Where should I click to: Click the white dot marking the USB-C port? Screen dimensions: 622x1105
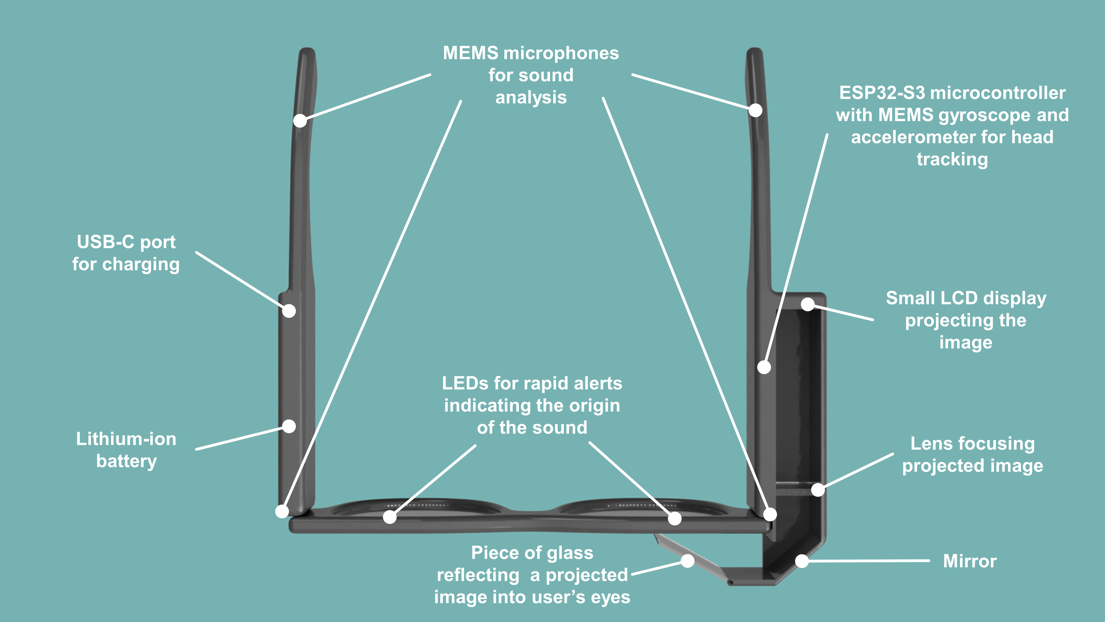click(x=289, y=310)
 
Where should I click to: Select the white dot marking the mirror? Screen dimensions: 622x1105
click(x=802, y=561)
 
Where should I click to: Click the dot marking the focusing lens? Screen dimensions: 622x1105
click(x=818, y=489)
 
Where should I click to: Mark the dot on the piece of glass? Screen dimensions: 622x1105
click(x=688, y=561)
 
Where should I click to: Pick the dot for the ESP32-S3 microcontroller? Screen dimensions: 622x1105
click(x=764, y=367)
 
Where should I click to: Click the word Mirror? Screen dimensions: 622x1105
click(x=969, y=561)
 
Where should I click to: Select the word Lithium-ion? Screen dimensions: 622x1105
click(x=126, y=439)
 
